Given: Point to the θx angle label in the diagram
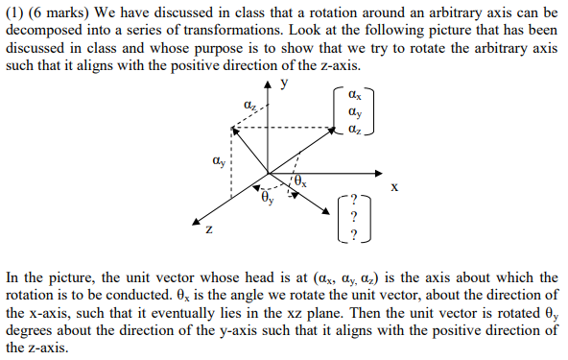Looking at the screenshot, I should coord(302,179).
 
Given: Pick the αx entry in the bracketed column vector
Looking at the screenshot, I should coord(355,96).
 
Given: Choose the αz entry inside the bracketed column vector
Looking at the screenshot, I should coord(355,129).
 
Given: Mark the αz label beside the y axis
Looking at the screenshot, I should coord(250,105).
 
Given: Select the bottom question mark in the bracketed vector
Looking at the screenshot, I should coord(353,233).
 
